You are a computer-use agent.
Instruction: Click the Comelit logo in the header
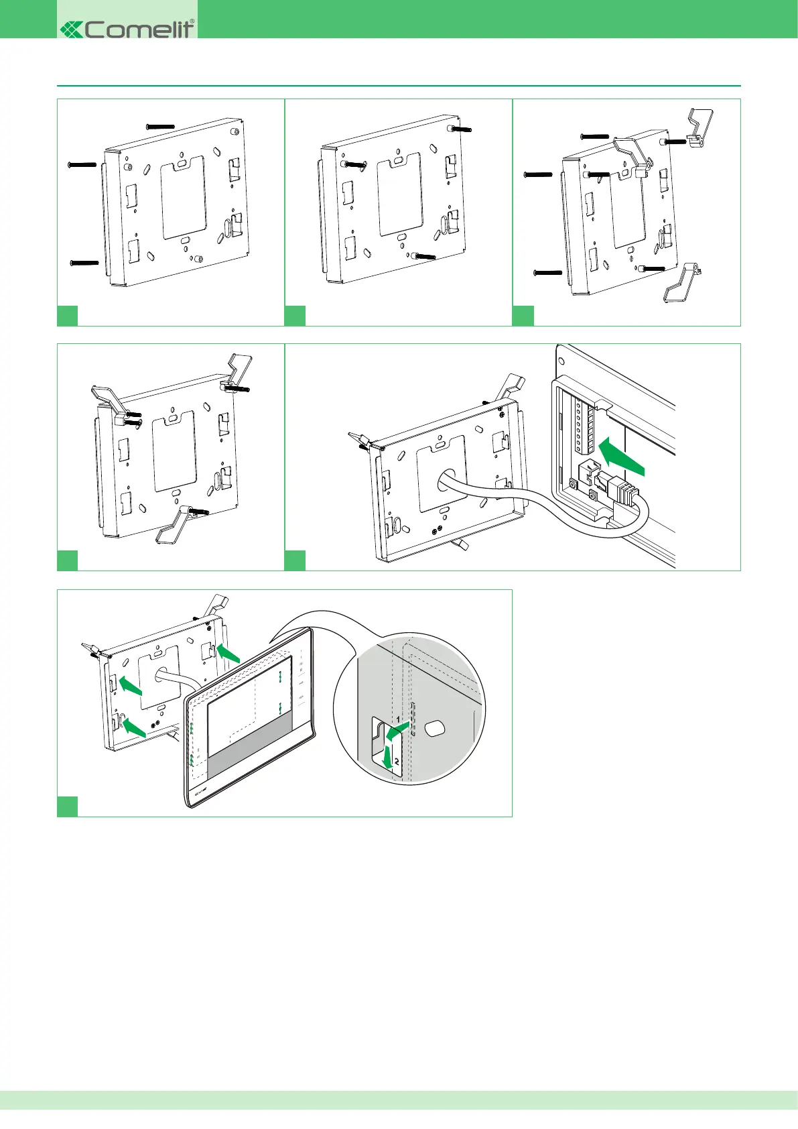pos(127,28)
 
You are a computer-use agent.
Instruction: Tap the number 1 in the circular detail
pos(397,719)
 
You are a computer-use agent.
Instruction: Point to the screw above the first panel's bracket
pos(160,126)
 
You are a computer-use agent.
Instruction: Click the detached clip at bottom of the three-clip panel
pos(681,284)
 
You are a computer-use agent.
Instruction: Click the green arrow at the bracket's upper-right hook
pos(228,654)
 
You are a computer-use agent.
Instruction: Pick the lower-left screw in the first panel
pos(84,262)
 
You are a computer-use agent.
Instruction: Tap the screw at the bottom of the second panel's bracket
pos(424,255)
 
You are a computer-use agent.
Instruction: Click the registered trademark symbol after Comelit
pos(193,21)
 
